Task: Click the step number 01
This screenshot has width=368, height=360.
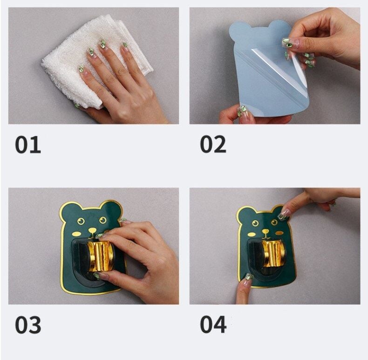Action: tap(28, 145)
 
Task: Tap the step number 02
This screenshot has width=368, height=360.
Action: tap(213, 144)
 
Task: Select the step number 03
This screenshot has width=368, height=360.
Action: tap(28, 325)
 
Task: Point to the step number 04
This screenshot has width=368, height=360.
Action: tap(213, 325)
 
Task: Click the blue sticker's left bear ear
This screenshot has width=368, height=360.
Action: tap(238, 31)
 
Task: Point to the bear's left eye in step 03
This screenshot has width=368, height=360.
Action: tap(81, 221)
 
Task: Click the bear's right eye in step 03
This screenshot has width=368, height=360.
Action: tap(102, 220)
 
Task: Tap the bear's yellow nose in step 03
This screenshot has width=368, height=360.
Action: tap(93, 230)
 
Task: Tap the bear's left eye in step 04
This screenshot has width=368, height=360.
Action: tap(255, 223)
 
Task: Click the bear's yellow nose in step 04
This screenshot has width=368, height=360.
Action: tap(266, 231)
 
